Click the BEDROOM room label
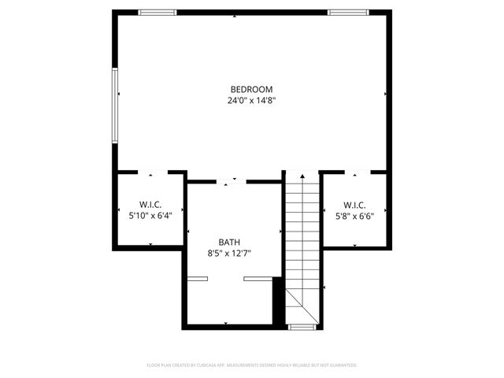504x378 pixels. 251,89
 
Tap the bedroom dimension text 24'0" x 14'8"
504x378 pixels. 251,100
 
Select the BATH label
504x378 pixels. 229,243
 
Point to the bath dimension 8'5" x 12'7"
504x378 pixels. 229,254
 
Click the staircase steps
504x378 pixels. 302,228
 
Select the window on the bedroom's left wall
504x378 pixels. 115,105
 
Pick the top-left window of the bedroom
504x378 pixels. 157,12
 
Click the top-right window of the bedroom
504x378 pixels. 346,12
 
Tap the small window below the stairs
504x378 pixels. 302,325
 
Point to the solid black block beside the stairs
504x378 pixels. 277,299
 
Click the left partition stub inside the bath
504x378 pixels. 197,279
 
